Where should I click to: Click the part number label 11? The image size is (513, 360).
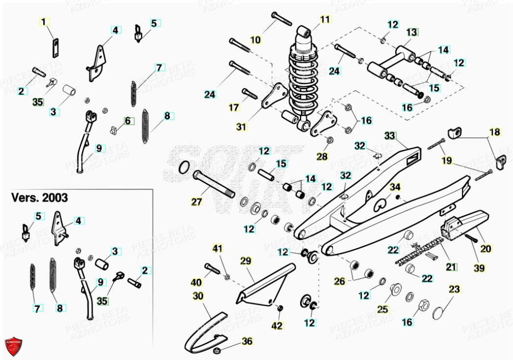click(x=326, y=20)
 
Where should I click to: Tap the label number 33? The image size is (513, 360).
click(x=389, y=135)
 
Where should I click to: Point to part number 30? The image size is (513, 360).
click(x=198, y=296)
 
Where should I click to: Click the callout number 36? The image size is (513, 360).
click(x=247, y=341)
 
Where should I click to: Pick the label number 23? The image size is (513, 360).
click(x=455, y=289)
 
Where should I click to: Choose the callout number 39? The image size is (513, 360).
click(x=479, y=268)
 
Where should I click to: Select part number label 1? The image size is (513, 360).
click(x=43, y=22)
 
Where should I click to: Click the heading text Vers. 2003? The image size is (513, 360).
click(x=40, y=198)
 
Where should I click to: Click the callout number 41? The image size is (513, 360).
click(x=217, y=248)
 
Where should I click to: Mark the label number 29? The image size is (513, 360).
click(x=245, y=260)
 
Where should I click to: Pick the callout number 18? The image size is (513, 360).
click(x=495, y=131)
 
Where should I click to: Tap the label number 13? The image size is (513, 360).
click(x=412, y=32)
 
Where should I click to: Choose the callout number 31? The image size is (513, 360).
click(x=241, y=127)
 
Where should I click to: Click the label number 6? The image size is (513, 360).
click(x=128, y=121)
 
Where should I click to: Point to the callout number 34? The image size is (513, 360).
click(x=395, y=187)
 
